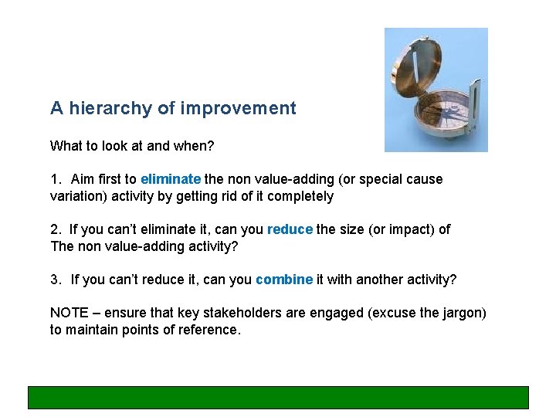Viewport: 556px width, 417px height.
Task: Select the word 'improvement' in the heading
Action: pos(238,108)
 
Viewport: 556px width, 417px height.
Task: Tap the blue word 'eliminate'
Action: pos(171,179)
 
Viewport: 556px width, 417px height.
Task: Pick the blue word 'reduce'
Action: pos(290,229)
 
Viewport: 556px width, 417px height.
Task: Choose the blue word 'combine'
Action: pos(284,280)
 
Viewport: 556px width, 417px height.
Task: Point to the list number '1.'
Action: pos(56,179)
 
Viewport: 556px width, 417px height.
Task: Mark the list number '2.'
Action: pos(56,229)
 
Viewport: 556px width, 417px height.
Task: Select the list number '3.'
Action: pos(56,280)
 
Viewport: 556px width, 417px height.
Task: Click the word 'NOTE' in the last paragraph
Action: pos(69,313)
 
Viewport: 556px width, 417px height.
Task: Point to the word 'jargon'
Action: pos(463,313)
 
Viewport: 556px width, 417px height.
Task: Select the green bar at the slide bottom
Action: pos(278,397)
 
